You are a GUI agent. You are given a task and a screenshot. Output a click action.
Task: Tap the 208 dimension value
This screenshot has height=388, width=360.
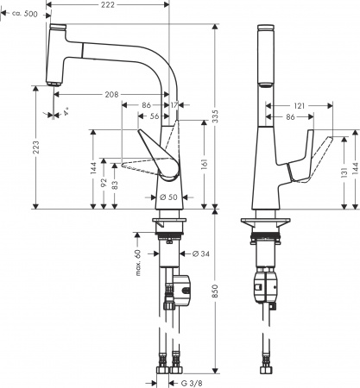click(112, 93)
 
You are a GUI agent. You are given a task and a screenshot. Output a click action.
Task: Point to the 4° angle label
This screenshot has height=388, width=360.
click(56, 111)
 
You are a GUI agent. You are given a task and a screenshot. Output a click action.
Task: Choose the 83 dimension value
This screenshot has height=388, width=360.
click(113, 187)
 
